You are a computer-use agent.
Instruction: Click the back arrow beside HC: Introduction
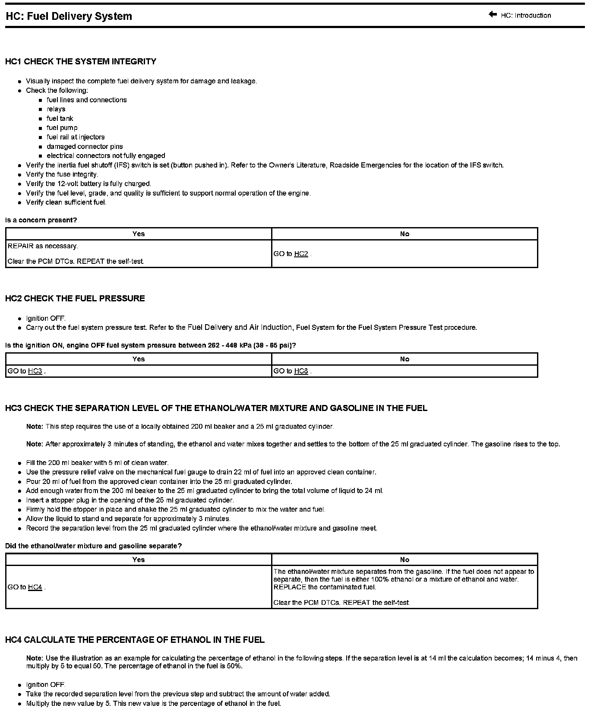click(493, 15)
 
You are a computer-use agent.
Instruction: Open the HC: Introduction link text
click(526, 16)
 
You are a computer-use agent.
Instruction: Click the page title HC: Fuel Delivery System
click(69, 16)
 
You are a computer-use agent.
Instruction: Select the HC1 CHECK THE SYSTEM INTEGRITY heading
click(81, 61)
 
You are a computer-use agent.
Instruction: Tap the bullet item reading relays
click(56, 109)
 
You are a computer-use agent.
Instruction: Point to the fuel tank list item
click(60, 118)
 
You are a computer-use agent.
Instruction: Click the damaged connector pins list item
click(85, 146)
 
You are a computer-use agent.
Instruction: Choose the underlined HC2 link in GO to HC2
click(301, 254)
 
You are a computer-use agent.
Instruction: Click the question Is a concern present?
click(41, 220)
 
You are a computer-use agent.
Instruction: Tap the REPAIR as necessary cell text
click(43, 246)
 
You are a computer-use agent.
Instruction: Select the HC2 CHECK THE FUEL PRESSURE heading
click(75, 298)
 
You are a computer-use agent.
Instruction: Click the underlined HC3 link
click(35, 371)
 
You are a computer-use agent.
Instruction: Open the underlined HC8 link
click(301, 371)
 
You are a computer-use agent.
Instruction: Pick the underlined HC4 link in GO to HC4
click(35, 587)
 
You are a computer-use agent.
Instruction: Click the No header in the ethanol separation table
click(404, 560)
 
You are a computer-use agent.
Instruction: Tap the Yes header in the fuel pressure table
click(139, 359)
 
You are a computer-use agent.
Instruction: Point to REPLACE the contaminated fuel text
click(325, 587)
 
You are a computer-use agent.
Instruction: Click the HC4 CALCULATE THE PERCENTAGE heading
click(135, 640)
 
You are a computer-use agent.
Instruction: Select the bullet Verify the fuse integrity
click(62, 174)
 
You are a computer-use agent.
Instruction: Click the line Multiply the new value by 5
click(153, 703)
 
